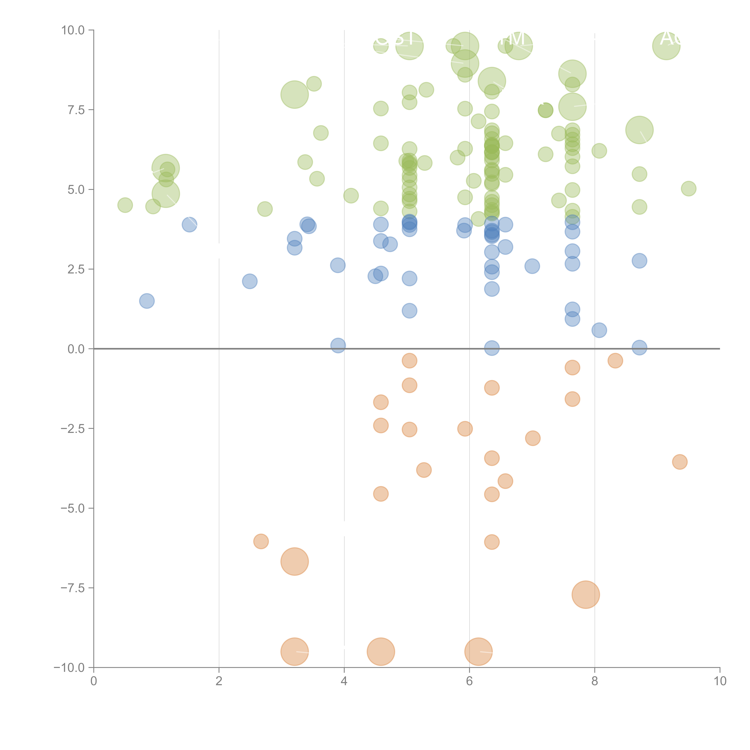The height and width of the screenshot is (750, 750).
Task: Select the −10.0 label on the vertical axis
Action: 69,668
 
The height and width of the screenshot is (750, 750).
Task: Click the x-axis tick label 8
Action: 595,681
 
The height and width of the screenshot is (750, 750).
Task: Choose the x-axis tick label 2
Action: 219,681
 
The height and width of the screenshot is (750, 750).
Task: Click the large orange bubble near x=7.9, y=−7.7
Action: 586,595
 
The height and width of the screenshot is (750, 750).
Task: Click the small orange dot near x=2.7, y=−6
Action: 261,541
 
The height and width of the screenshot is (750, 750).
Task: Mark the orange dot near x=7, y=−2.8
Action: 533,438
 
